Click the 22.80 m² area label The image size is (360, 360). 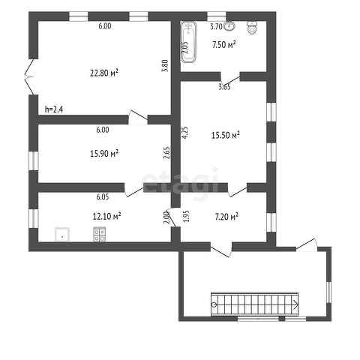pyautogui.click(x=104, y=73)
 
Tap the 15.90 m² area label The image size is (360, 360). pyautogui.click(x=104, y=153)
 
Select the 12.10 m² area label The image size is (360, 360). pyautogui.click(x=107, y=216)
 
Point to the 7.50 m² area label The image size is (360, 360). pyautogui.click(x=224, y=45)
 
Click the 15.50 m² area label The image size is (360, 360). pyautogui.click(x=226, y=135)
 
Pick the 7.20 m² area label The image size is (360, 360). pyautogui.click(x=226, y=217)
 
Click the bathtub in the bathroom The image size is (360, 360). pyautogui.click(x=189, y=42)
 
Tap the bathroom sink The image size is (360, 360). pyautogui.click(x=229, y=26)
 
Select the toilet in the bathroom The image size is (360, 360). pyautogui.click(x=253, y=28)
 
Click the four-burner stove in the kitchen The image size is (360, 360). pyautogui.click(x=99, y=234)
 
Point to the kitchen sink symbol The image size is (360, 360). pyautogui.click(x=61, y=235)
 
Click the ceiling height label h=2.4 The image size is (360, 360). pyautogui.click(x=54, y=109)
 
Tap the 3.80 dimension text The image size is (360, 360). pyautogui.click(x=166, y=66)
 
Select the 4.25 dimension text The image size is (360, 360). pyautogui.click(x=185, y=132)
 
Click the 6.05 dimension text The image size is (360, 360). pyautogui.click(x=103, y=196)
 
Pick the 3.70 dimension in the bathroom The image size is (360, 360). pyautogui.click(x=216, y=26)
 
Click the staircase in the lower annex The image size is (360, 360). pyautogui.click(x=255, y=304)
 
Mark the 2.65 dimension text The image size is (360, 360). pyautogui.click(x=166, y=153)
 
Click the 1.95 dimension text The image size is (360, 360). pyautogui.click(x=187, y=216)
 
